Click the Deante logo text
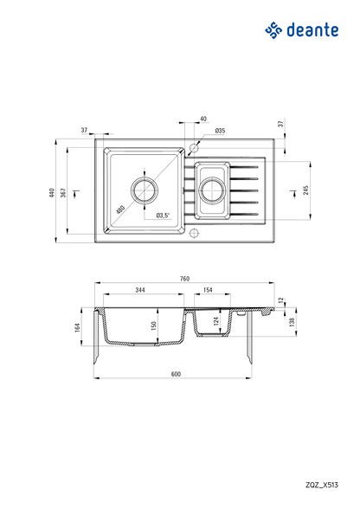point(312,30)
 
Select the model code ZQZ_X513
point(322,485)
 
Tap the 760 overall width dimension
point(184,279)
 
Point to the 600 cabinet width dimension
point(176,374)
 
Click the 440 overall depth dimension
point(51,192)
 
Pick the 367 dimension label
point(64,192)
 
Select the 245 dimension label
point(305,190)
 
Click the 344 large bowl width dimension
point(140,290)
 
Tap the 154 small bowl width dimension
point(207,290)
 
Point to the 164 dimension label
point(77,328)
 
